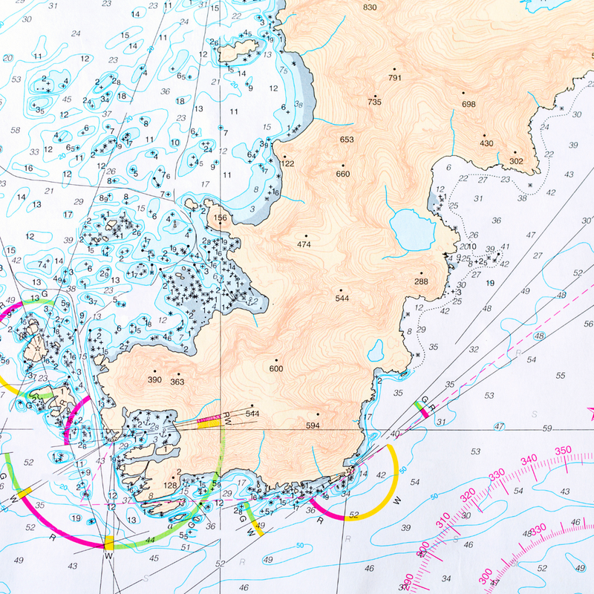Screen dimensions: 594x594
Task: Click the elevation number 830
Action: [370, 7]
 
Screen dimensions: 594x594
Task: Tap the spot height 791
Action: [394, 77]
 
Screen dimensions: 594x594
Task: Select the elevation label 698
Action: [469, 104]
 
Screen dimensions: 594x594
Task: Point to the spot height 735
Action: [374, 102]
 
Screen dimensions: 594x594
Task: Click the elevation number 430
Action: [486, 143]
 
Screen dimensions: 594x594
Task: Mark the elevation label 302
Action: [517, 161]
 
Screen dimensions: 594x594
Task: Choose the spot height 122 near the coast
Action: [288, 163]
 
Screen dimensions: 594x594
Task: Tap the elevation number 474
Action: [304, 244]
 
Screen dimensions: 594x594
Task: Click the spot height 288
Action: [422, 281]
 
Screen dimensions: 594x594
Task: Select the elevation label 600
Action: [276, 368]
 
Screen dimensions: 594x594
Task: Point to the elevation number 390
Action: [154, 380]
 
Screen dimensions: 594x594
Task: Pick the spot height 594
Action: [313, 425]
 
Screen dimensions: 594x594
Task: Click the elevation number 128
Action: [170, 485]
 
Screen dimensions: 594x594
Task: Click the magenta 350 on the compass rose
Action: [563, 450]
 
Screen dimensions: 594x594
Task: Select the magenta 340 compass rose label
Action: [529, 460]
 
